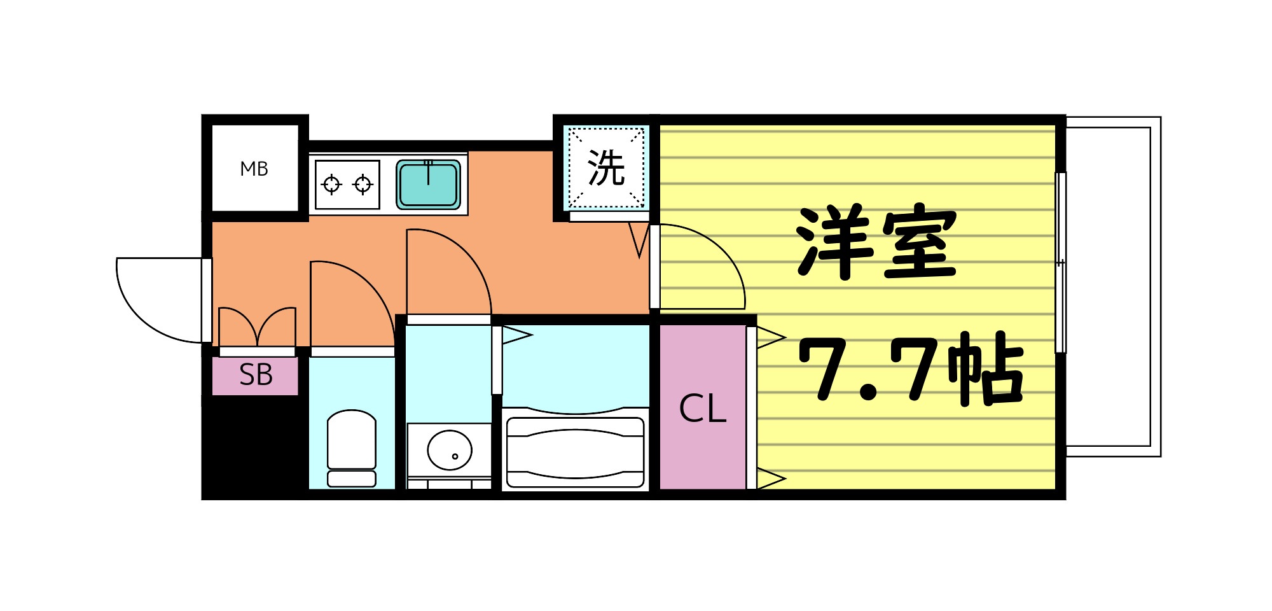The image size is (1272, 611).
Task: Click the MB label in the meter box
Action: tap(254, 169)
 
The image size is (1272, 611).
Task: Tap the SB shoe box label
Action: tap(256, 376)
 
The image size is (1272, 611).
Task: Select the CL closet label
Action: tap(703, 409)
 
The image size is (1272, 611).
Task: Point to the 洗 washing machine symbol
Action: tap(606, 168)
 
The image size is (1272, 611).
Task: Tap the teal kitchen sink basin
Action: tap(429, 185)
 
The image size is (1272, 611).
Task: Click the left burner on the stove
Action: tap(331, 185)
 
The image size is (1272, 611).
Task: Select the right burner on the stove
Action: tap(363, 185)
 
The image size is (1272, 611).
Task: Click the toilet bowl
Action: tap(352, 440)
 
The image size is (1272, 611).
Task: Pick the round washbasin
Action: tap(450, 449)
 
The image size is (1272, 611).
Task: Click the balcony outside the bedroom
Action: tap(1110, 286)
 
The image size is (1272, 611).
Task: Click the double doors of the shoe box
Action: tap(258, 328)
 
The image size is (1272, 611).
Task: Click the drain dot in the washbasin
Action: tap(455, 456)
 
